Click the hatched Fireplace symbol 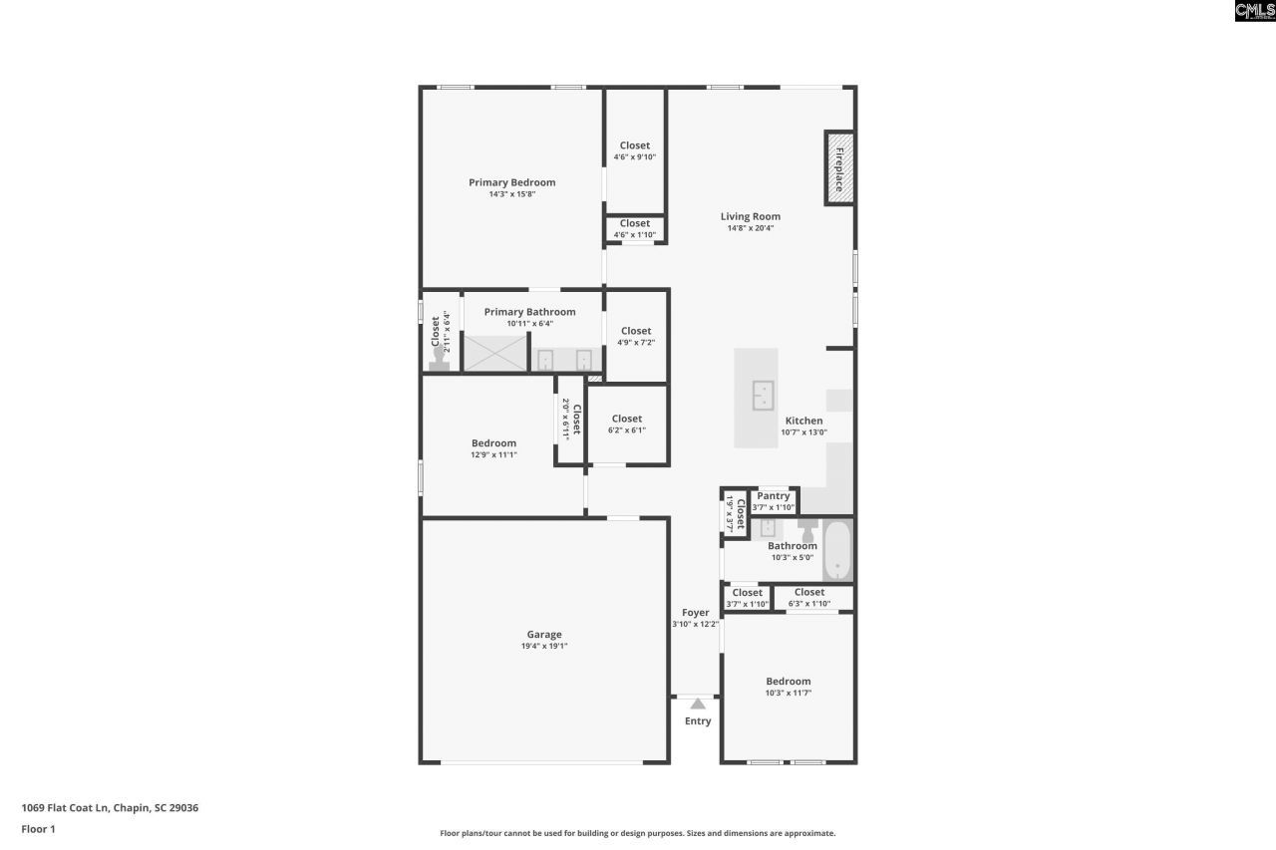tap(838, 168)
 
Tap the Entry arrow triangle tap(698, 705)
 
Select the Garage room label tap(544, 635)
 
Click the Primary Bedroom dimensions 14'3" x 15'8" tap(512, 195)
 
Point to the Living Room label tap(751, 216)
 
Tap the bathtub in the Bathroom tap(837, 551)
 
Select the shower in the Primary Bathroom tap(495, 354)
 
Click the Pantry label tap(774, 496)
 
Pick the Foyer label tap(696, 613)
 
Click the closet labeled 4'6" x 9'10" tap(635, 150)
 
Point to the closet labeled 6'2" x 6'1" tap(627, 425)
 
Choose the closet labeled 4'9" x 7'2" tap(636, 336)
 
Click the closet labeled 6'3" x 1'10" tap(809, 598)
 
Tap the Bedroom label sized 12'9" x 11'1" tap(494, 443)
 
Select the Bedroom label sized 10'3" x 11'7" tap(789, 682)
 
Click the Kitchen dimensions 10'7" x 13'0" tap(803, 432)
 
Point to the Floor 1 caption tap(38, 829)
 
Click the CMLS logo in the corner tap(1254, 11)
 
